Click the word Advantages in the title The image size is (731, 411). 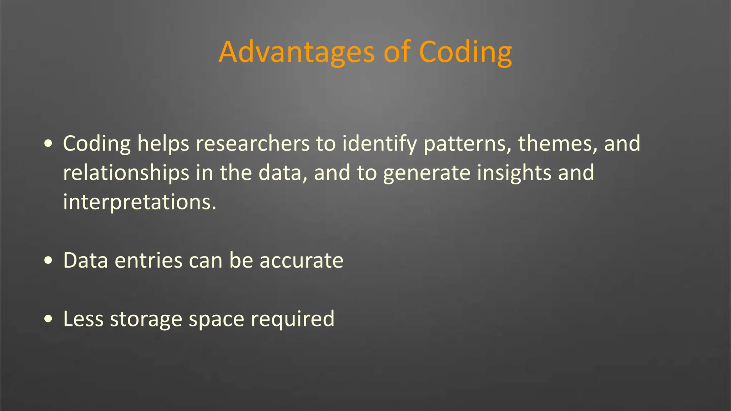point(296,53)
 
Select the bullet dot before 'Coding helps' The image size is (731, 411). point(49,144)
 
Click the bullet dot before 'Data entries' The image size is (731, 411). point(49,261)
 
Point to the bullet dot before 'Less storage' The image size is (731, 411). point(49,319)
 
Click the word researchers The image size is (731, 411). point(252,144)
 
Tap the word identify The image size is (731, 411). point(379,144)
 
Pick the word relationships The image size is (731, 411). point(126,174)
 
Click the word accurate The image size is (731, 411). point(301,261)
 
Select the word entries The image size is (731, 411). point(148,261)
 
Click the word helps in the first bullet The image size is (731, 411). point(163,144)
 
